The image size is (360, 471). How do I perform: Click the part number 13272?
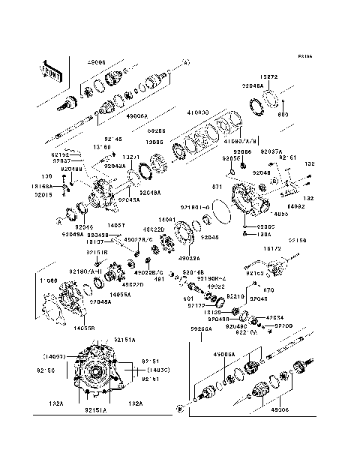pos(271,77)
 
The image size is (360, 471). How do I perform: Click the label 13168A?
pos(43,184)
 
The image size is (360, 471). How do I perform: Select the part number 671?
pos(217,184)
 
